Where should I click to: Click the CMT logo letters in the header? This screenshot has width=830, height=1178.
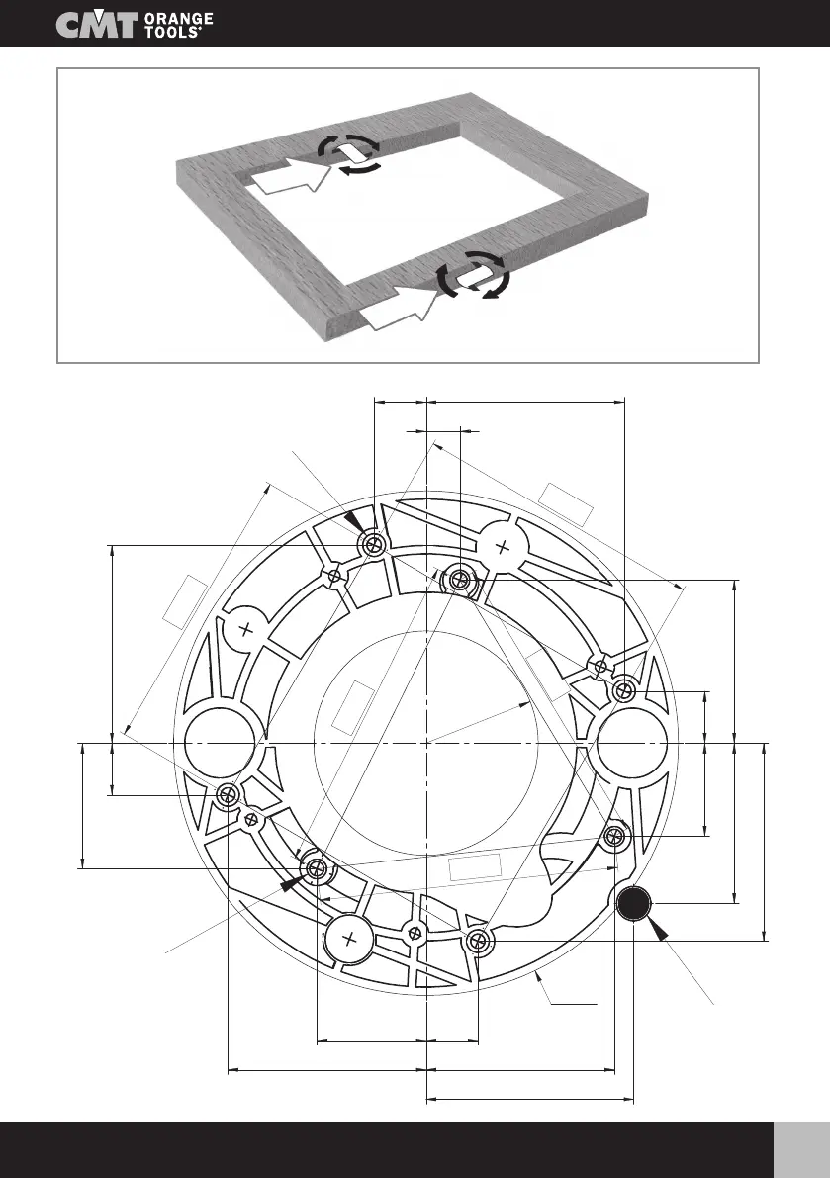pos(97,26)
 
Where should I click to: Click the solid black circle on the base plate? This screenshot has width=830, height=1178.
pos(633,903)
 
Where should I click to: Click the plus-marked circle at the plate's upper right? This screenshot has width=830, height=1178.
pos(502,545)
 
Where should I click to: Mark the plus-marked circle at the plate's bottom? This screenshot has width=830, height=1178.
pos(352,940)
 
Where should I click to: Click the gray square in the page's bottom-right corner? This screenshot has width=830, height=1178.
pos(802,1149)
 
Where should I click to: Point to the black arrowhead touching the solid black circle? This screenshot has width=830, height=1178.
pos(658,930)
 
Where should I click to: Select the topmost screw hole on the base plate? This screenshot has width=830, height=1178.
pos(374,544)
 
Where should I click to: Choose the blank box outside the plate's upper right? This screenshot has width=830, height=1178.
pos(568,503)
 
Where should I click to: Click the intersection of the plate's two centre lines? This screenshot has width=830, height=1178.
pos(425,742)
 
